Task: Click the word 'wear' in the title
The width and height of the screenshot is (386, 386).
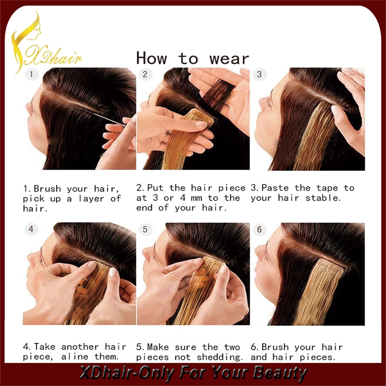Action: tap(229, 59)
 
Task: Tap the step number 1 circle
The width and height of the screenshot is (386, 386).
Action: tap(31, 74)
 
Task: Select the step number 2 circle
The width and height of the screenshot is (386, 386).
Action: tap(145, 74)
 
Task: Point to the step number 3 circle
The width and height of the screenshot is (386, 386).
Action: tap(259, 74)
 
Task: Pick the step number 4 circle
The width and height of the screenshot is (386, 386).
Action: tap(31, 229)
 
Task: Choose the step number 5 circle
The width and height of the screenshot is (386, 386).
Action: tap(145, 229)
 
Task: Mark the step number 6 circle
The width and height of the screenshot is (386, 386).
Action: tap(259, 229)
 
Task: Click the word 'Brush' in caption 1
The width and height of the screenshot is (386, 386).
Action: tap(47, 188)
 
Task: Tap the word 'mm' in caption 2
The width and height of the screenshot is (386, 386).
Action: tap(196, 198)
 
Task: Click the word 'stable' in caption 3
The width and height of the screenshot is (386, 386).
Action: tap(323, 198)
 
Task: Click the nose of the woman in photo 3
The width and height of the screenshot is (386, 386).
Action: tap(259, 100)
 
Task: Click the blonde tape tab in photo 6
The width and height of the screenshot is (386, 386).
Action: tap(330, 268)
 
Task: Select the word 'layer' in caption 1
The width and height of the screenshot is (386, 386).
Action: tap(91, 199)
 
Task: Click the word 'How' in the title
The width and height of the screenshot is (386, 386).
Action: tap(152, 58)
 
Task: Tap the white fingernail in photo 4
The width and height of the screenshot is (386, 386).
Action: tap(113, 272)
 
